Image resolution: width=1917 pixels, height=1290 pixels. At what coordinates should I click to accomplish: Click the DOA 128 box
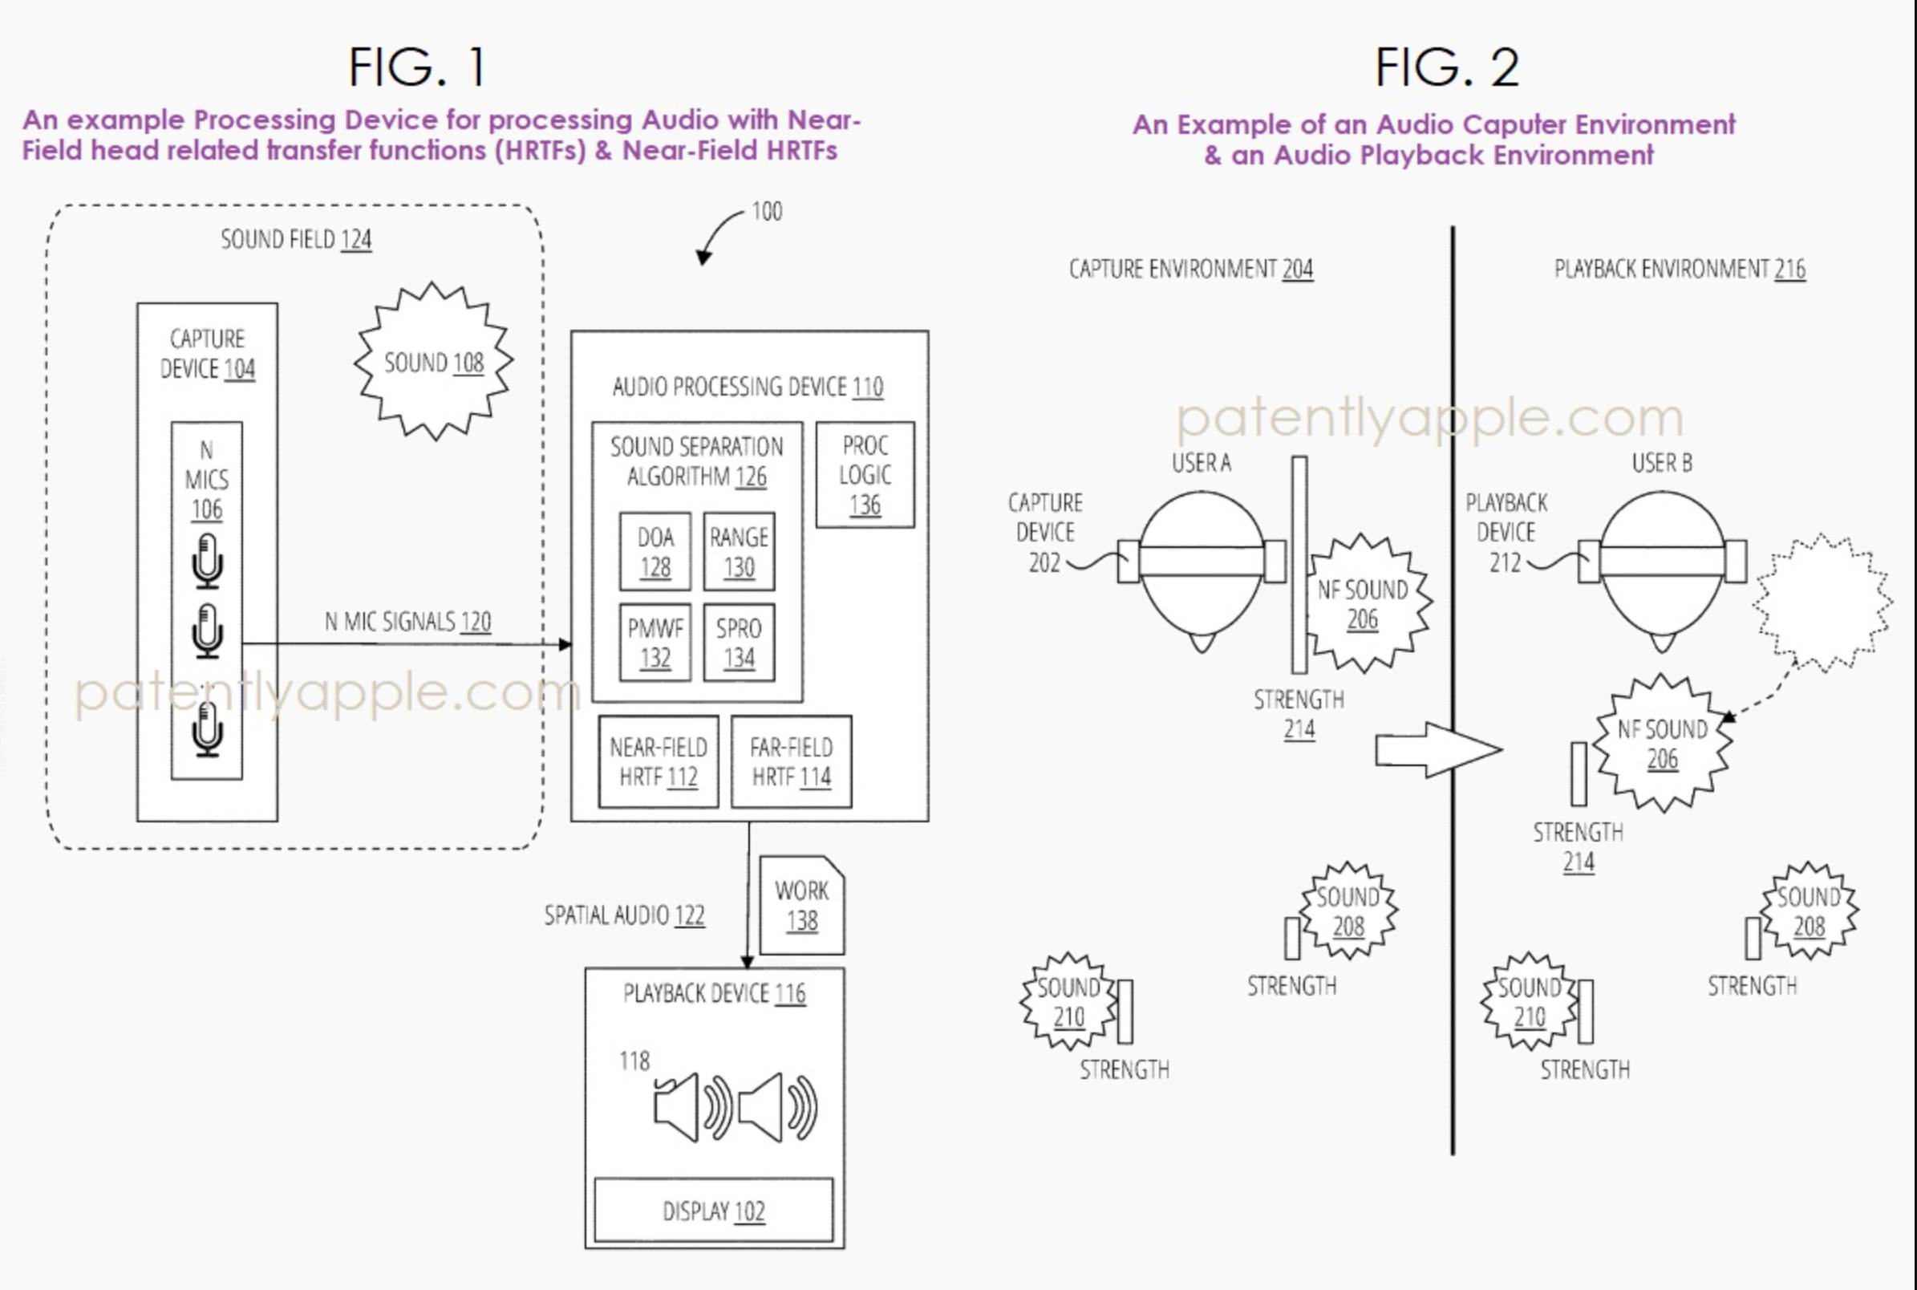click(655, 551)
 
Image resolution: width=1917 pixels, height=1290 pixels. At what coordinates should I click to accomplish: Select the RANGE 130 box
click(739, 551)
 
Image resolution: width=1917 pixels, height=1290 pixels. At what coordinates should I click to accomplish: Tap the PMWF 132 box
click(655, 643)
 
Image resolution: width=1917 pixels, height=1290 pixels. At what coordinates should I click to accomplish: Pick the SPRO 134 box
click(739, 643)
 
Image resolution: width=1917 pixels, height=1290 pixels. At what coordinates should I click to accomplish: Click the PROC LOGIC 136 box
click(865, 475)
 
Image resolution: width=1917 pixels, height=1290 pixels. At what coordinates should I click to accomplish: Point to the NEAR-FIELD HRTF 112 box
click(658, 761)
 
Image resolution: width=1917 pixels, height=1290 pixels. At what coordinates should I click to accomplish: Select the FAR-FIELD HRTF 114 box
click(791, 761)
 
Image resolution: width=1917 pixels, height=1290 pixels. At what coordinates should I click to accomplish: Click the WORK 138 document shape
click(802, 905)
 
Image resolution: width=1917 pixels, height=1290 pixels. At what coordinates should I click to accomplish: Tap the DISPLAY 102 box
click(713, 1211)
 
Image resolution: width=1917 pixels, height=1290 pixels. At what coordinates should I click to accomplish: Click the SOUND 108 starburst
click(433, 362)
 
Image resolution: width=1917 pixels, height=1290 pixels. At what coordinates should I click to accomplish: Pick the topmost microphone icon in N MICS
click(207, 561)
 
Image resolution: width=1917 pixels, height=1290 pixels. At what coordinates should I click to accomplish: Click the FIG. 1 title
click(418, 67)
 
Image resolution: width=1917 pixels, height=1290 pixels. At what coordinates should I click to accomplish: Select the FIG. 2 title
click(1447, 67)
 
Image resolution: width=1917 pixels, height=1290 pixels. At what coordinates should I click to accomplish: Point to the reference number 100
click(767, 212)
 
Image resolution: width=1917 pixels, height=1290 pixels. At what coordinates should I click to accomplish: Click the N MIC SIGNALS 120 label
click(408, 621)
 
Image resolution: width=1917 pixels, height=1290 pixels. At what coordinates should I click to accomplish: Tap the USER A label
click(1201, 463)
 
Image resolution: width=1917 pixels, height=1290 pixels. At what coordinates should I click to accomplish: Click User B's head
click(1662, 568)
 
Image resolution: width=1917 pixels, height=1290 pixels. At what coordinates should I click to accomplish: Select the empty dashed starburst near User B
click(1822, 602)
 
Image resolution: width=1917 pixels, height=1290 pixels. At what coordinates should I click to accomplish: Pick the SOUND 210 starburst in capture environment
click(1068, 1001)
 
